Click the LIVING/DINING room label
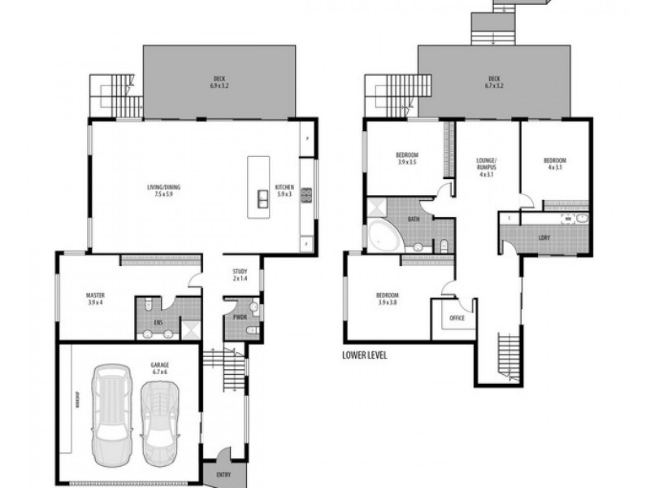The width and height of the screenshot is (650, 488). [163, 191]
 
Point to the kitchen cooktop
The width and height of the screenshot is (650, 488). [306, 194]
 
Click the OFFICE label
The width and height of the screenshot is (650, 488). [457, 318]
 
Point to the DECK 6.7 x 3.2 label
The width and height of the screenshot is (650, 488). [494, 81]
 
